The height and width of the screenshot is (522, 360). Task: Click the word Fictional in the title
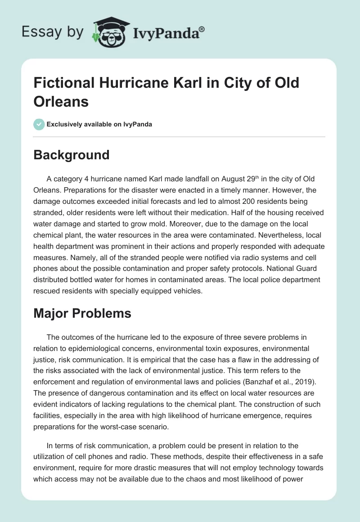(62, 83)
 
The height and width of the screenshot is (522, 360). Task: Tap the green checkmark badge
(39, 124)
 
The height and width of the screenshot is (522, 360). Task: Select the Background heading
(72, 155)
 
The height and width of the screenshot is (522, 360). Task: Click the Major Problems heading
(82, 313)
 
